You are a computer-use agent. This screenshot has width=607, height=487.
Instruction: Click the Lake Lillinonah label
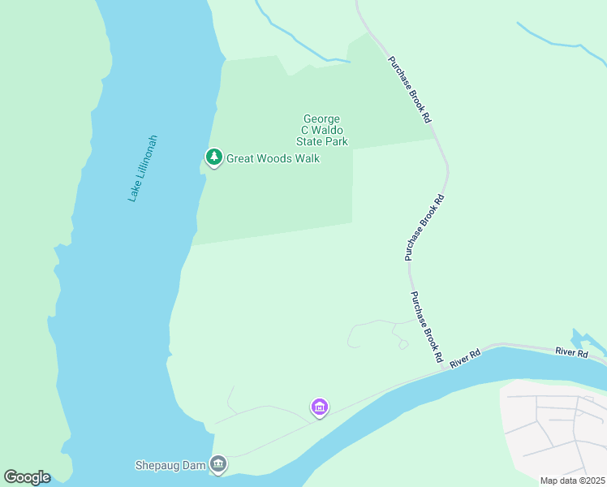(x=143, y=168)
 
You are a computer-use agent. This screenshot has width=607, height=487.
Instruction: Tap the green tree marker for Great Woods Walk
(x=213, y=157)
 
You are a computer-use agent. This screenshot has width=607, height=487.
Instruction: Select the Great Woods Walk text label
(x=273, y=158)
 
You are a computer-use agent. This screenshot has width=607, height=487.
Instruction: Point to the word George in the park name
(x=321, y=119)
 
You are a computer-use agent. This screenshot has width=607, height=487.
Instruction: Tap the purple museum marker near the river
(x=320, y=407)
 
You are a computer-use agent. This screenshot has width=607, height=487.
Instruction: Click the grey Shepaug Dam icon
(x=218, y=465)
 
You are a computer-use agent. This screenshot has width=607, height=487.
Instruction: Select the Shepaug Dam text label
(x=170, y=466)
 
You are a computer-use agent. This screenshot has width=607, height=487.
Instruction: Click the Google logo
(x=27, y=477)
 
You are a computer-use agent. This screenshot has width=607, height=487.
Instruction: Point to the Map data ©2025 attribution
(x=572, y=481)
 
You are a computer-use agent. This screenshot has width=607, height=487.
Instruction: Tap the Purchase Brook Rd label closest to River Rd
(x=426, y=326)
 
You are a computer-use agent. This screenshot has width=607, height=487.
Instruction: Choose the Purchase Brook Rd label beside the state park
(x=409, y=89)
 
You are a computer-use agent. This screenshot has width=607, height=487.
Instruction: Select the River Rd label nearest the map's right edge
(x=571, y=352)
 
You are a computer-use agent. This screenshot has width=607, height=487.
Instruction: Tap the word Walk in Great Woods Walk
(x=307, y=158)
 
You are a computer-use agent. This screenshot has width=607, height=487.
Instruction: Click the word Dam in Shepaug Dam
(x=192, y=466)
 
